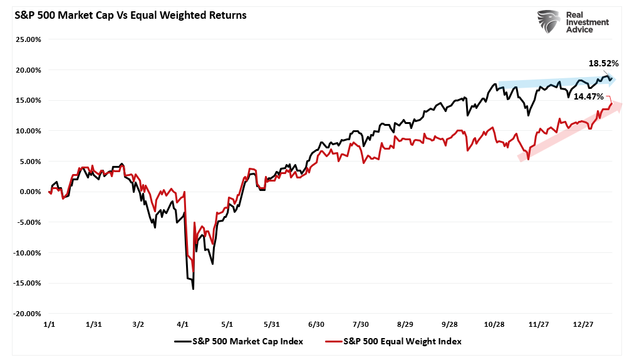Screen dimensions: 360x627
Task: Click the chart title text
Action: pyautogui.click(x=126, y=14)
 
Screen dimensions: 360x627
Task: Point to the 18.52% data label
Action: pyautogui.click(x=603, y=63)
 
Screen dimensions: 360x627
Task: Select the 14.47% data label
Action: pyautogui.click(x=588, y=97)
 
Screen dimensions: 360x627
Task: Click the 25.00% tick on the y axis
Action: pyautogui.click(x=28, y=39)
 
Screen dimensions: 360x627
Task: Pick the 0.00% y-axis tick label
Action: pyautogui.click(x=29, y=192)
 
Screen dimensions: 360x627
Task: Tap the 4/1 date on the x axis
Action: pyautogui.click(x=182, y=324)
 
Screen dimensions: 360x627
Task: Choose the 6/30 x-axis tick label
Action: pyautogui.click(x=316, y=324)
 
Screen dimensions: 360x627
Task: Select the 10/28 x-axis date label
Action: pyautogui.click(x=494, y=324)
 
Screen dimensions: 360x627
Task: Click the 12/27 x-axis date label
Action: pyautogui.click(x=583, y=324)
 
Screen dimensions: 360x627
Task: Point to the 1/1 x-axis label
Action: pyautogui.click(x=49, y=324)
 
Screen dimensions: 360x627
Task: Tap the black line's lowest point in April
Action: pyautogui.click(x=193, y=289)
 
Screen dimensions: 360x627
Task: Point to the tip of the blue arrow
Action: pyautogui.click(x=616, y=80)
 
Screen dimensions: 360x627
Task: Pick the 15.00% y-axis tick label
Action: pyautogui.click(x=28, y=100)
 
